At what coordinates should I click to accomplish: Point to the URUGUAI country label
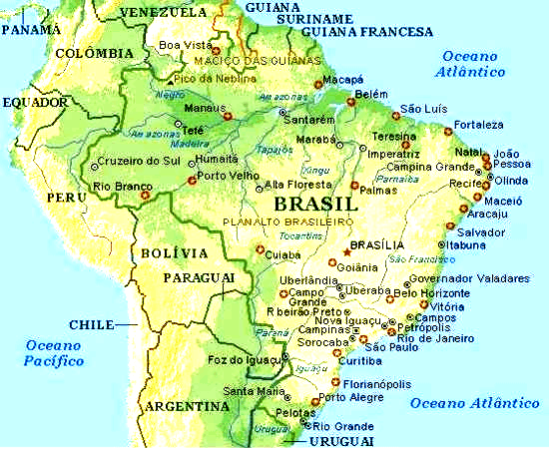335,439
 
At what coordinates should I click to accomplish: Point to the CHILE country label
92,324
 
